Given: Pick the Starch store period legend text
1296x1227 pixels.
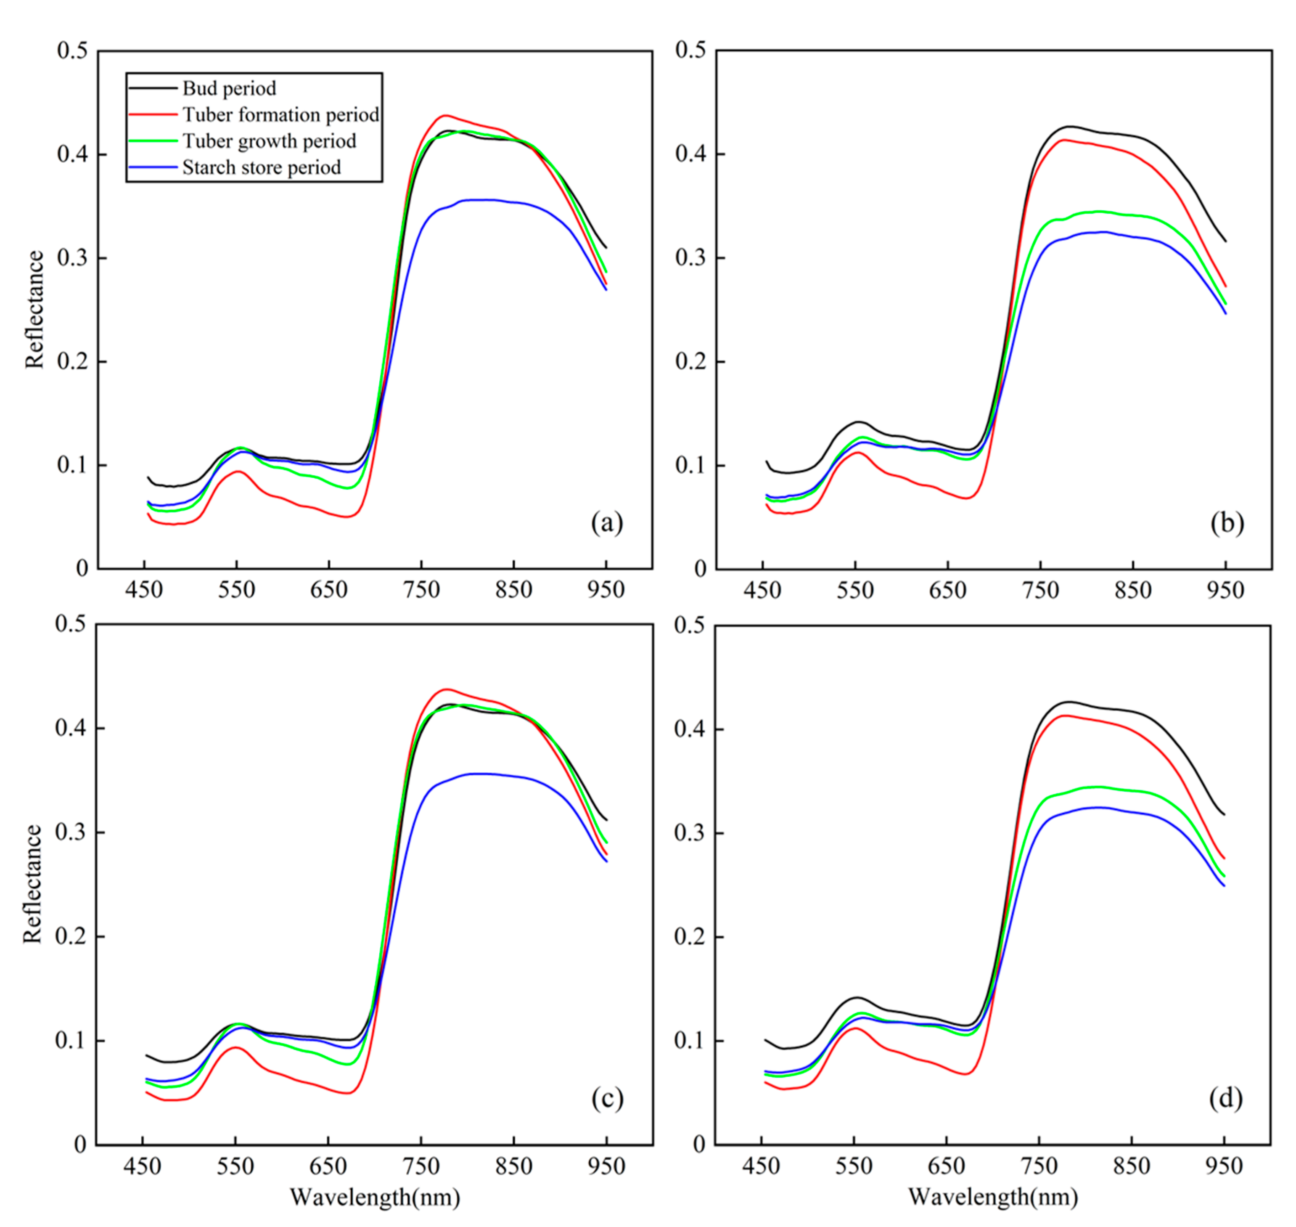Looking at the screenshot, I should tap(262, 167).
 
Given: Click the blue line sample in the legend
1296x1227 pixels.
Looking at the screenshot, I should tap(152, 167).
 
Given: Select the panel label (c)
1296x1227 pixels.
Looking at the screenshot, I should tap(607, 1098).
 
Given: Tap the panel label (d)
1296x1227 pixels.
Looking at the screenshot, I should tap(1225, 1098).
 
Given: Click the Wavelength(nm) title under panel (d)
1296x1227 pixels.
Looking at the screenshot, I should tap(992, 1197).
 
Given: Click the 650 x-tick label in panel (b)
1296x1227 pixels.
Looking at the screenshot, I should tap(947, 591).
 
